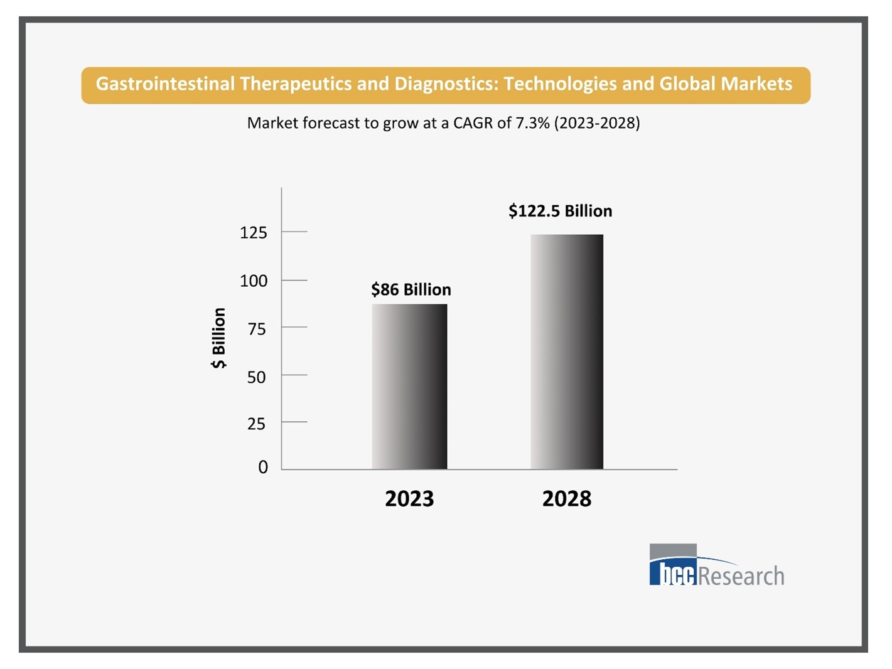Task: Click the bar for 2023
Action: [409, 387]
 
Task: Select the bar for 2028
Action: [566, 351]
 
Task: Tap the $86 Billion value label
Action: [411, 289]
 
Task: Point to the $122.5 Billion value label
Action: [560, 211]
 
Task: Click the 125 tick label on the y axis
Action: [253, 233]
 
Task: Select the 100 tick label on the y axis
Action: [253, 281]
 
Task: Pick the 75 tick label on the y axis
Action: [256, 329]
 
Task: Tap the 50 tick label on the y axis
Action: [256, 377]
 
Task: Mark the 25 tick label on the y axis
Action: [256, 424]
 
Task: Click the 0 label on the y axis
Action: [263, 467]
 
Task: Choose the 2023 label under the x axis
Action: [409, 499]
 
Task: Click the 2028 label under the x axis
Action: [566, 499]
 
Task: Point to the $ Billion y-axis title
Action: [218, 338]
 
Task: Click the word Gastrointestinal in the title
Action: [165, 84]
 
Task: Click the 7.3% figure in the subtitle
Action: [532, 123]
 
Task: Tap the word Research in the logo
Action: [741, 575]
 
